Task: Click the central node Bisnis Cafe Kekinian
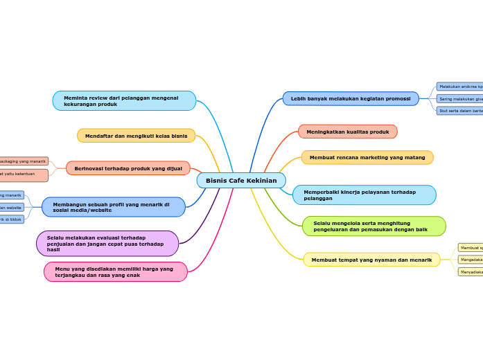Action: (241, 181)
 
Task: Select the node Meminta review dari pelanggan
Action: (124, 101)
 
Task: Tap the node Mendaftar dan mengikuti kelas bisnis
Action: (136, 136)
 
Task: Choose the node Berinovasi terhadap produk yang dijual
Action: (128, 168)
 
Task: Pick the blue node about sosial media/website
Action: (114, 207)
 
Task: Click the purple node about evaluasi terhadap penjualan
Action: (107, 244)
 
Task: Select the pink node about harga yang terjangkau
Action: (116, 272)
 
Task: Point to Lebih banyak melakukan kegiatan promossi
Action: (351, 99)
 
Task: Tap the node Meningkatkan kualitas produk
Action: (348, 132)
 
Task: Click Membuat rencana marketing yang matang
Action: (367, 158)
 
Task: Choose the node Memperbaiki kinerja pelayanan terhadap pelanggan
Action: (365, 195)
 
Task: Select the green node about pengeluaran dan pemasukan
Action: (374, 226)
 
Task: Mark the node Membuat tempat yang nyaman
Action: (371, 260)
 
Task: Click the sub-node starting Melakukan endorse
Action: (459, 87)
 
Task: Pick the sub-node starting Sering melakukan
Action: (459, 99)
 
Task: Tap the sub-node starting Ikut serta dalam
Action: (459, 111)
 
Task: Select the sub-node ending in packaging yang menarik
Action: (24, 161)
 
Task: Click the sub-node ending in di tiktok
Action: (11, 219)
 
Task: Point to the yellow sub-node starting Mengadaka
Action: (471, 260)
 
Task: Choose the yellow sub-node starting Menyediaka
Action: (471, 272)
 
